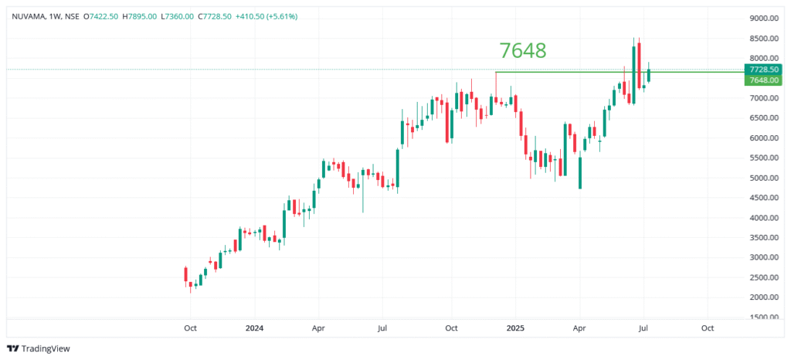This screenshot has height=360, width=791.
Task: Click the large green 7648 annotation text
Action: (523, 50)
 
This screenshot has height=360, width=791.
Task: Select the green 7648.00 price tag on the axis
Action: (762, 80)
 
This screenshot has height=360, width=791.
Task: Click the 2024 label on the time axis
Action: (254, 328)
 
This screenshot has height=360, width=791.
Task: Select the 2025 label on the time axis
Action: (516, 328)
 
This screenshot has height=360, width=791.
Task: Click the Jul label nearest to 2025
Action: (643, 328)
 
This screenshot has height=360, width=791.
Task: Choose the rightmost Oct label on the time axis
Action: (707, 328)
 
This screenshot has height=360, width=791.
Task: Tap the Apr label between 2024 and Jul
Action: (318, 328)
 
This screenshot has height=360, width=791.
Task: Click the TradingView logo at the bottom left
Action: (38, 348)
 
